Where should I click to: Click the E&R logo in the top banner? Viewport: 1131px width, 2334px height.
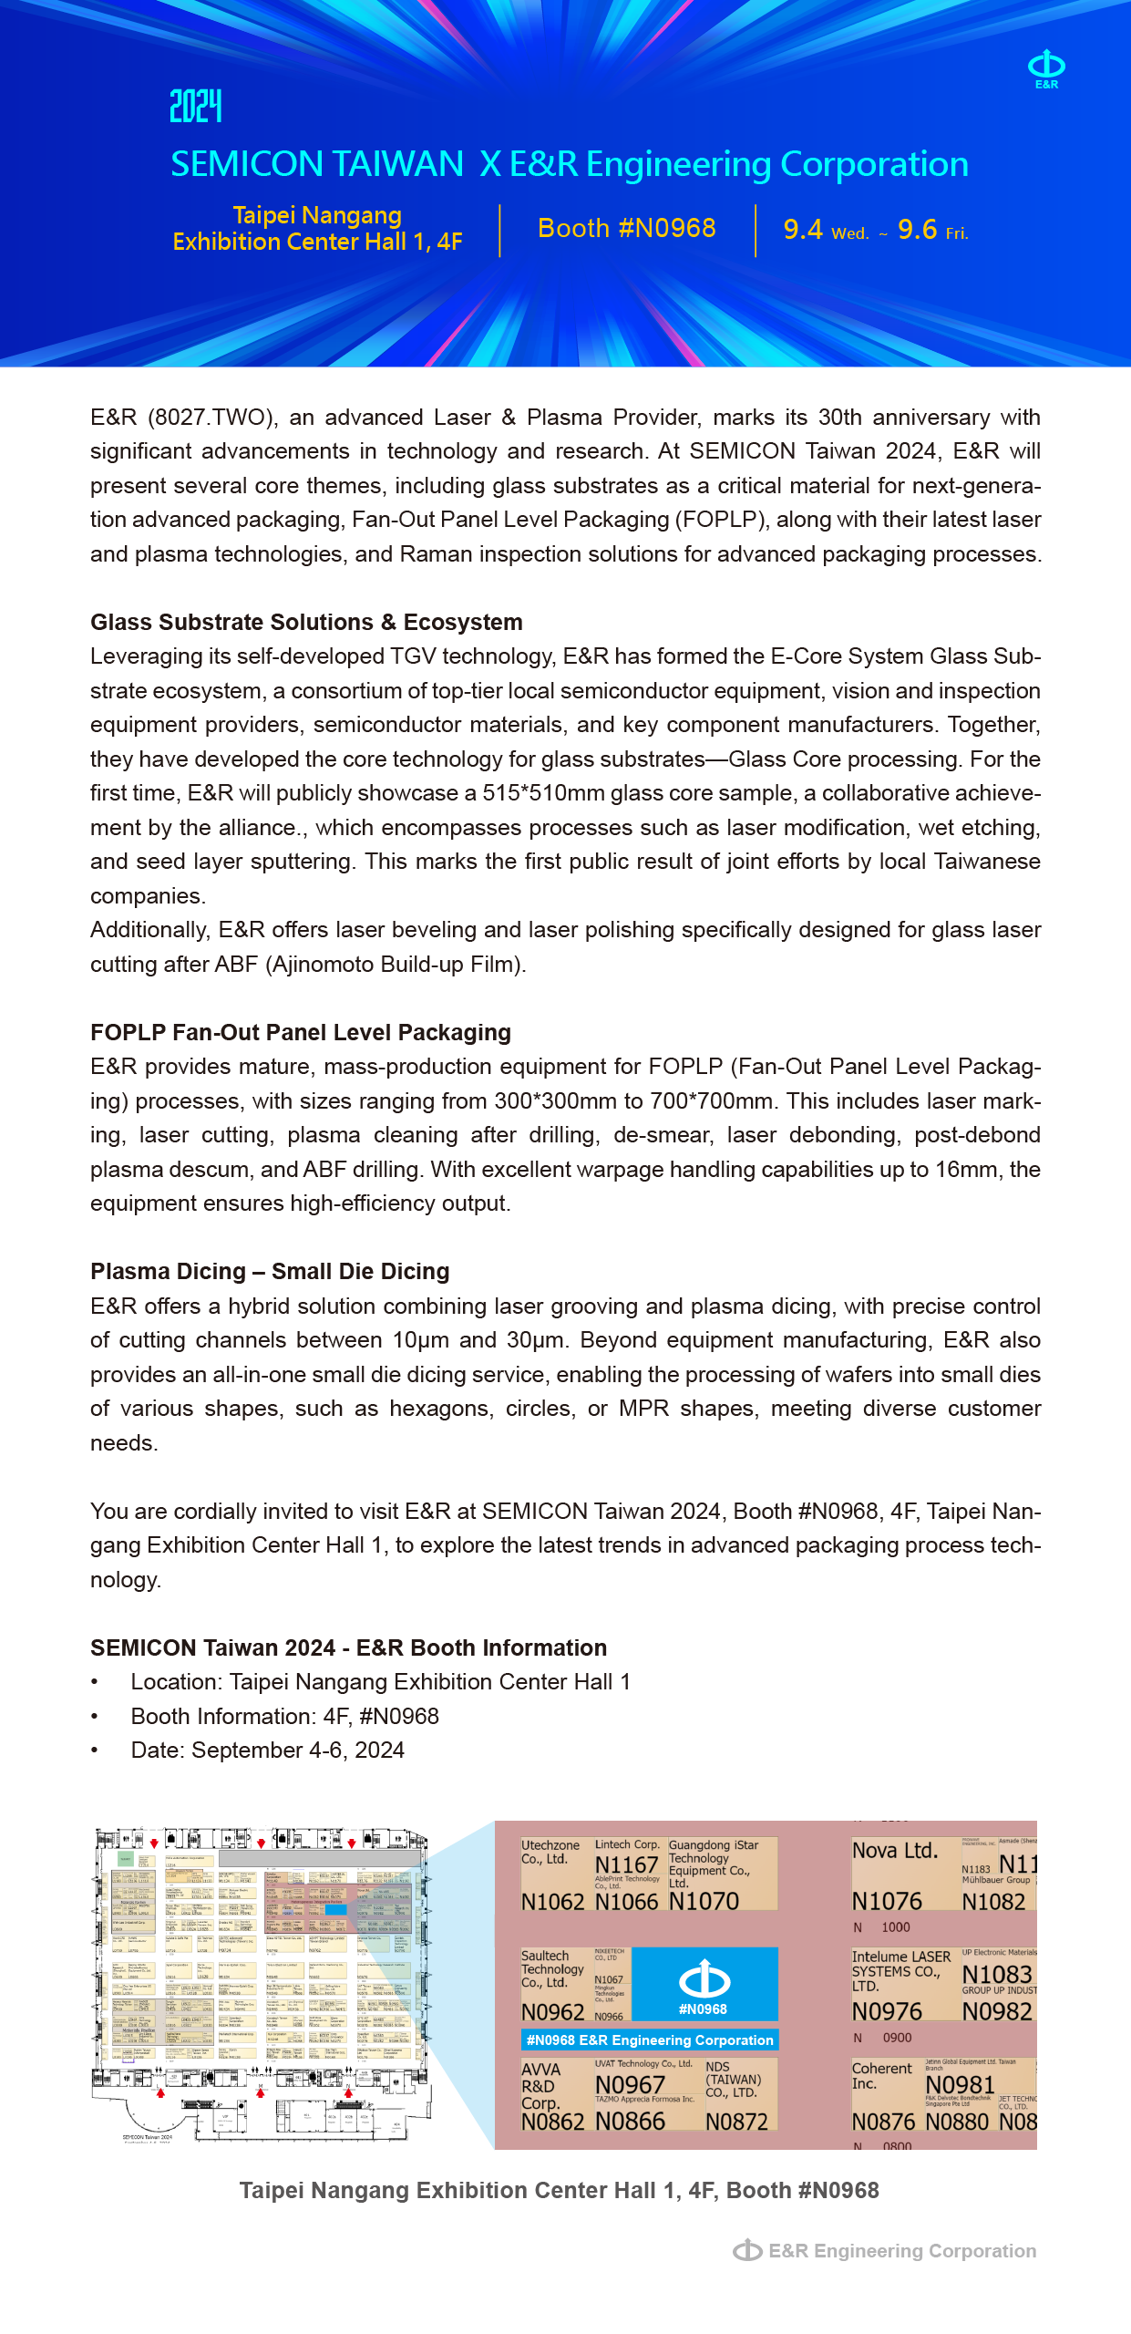pyautogui.click(x=1046, y=68)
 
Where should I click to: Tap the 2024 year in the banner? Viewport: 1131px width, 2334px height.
pyautogui.click(x=196, y=106)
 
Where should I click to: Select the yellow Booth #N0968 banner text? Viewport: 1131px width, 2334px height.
pyautogui.click(x=627, y=228)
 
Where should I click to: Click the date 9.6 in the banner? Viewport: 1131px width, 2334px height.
pyautogui.click(x=917, y=230)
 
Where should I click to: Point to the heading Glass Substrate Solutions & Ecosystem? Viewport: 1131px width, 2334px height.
pyautogui.click(x=306, y=622)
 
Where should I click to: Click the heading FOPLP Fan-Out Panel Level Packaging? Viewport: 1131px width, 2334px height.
pyautogui.click(x=300, y=1032)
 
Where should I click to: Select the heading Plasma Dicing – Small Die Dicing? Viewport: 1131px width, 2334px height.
pyautogui.click(x=270, y=1271)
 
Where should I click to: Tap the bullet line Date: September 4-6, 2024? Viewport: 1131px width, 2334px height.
pyautogui.click(x=267, y=1750)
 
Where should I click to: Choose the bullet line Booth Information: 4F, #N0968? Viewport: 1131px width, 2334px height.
pyautogui.click(x=284, y=1716)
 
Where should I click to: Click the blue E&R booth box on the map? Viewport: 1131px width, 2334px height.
pyautogui.click(x=704, y=1983)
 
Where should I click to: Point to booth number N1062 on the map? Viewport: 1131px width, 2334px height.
pyautogui.click(x=552, y=1902)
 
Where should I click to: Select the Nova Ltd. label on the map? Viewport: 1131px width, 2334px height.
pyautogui.click(x=895, y=1851)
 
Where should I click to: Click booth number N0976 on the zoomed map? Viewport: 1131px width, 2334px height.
pyautogui.click(x=887, y=2011)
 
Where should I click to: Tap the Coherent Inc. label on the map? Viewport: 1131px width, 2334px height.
pyautogui.click(x=881, y=2075)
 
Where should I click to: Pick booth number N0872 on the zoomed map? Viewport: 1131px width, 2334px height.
pyautogui.click(x=736, y=2122)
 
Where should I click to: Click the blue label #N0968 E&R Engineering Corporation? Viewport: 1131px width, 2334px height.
pyautogui.click(x=650, y=2040)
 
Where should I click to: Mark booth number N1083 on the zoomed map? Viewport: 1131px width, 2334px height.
pyautogui.click(x=997, y=1974)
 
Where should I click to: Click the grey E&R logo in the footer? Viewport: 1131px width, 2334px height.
pyautogui.click(x=747, y=2250)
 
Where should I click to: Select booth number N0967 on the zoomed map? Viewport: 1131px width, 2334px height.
pyautogui.click(x=630, y=2084)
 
